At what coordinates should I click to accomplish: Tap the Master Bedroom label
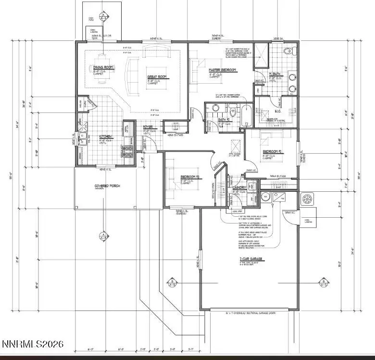tap(223, 70)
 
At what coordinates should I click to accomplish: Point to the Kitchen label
tap(105, 136)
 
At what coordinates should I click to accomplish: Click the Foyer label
tap(148, 127)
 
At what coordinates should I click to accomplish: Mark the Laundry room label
tap(240, 187)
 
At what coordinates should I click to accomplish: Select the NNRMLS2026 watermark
tap(33, 345)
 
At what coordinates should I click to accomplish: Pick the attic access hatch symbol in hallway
tap(236, 145)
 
